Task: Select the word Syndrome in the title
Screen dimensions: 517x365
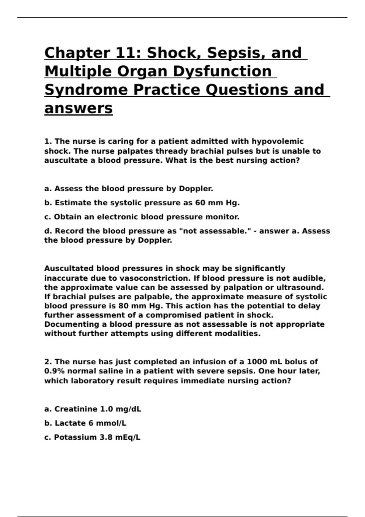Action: tap(86, 90)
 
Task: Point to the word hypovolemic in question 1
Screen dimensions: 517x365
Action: tap(277, 141)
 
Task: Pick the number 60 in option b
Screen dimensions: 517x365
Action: tap(200, 203)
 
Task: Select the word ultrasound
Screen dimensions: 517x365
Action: tap(299, 287)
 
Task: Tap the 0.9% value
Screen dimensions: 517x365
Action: tap(54, 371)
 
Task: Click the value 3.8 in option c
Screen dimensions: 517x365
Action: tap(106, 437)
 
